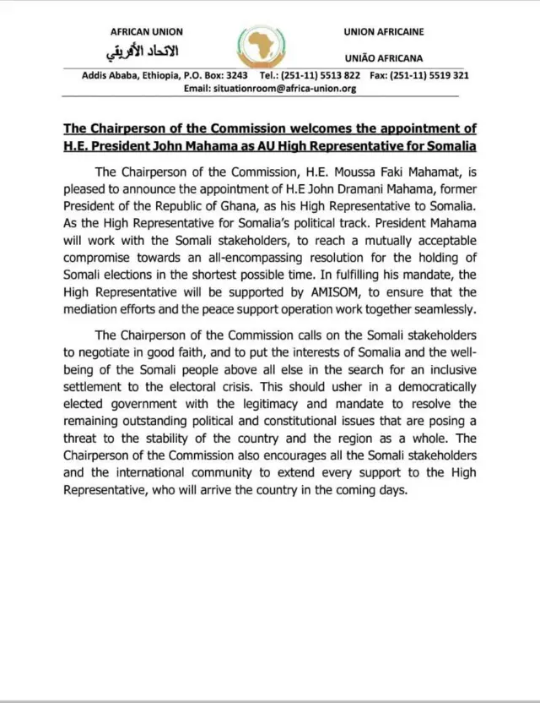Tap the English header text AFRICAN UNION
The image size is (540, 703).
pyautogui.click(x=147, y=32)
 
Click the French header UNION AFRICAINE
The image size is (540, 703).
pyautogui.click(x=384, y=32)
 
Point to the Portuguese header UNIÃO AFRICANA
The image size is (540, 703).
pyautogui.click(x=384, y=58)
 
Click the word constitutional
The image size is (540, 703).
pyautogui.click(x=307, y=422)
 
